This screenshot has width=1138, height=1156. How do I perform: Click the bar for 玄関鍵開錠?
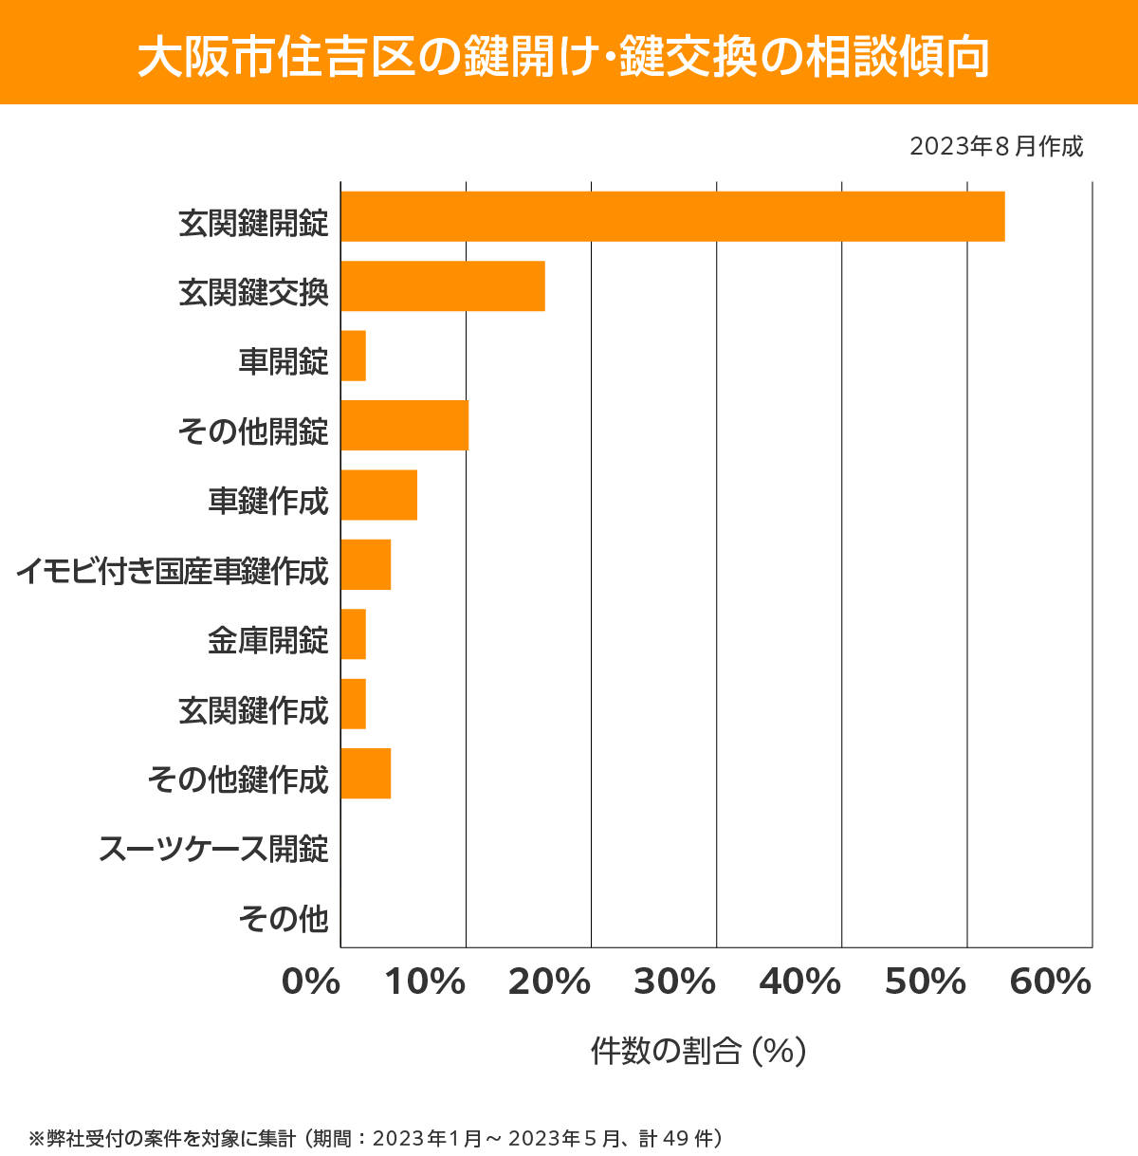coord(672,216)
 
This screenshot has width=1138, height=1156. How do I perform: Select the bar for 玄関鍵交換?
coord(443,285)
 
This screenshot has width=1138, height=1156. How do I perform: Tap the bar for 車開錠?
coord(354,356)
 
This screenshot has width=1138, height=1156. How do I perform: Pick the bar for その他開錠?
coord(405,425)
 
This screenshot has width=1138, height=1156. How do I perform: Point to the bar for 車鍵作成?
coord(379,495)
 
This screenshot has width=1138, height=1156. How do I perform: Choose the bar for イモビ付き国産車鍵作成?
coord(366,564)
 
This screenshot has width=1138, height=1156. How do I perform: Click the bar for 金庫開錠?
coord(354,633)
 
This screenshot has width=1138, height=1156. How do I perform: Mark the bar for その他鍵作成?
coord(366,773)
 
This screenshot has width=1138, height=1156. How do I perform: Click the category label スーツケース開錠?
coord(214,848)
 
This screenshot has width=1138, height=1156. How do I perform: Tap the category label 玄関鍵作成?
coord(253,709)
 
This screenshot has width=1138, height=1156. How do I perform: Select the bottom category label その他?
coord(284,918)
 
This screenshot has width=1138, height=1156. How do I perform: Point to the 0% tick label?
coord(311,982)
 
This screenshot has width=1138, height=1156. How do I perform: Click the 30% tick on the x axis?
coord(674,982)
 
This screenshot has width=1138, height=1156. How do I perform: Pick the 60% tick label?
coord(1051,982)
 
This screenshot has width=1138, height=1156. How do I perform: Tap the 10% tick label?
coord(424,982)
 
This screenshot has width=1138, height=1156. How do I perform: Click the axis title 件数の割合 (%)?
coord(698,1051)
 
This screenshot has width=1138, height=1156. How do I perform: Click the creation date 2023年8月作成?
coord(996,147)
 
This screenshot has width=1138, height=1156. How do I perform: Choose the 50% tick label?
coord(926,982)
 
